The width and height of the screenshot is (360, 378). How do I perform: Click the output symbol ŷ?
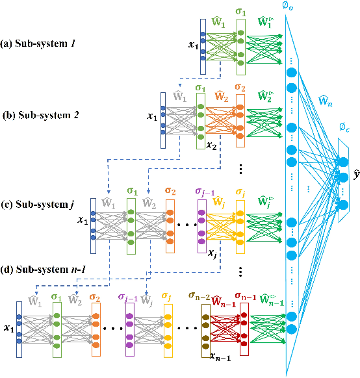(x=356, y=175)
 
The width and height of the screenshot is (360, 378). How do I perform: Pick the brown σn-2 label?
(x=199, y=297)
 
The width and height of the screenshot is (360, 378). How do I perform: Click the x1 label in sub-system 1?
(x=193, y=45)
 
